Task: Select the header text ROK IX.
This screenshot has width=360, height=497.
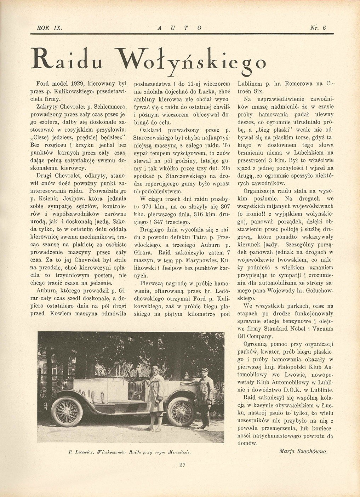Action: pos(49,29)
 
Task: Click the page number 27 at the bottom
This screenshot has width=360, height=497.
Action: pos(182,475)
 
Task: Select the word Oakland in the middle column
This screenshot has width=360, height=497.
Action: pos(152,130)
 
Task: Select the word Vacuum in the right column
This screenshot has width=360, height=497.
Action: pos(322,329)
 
